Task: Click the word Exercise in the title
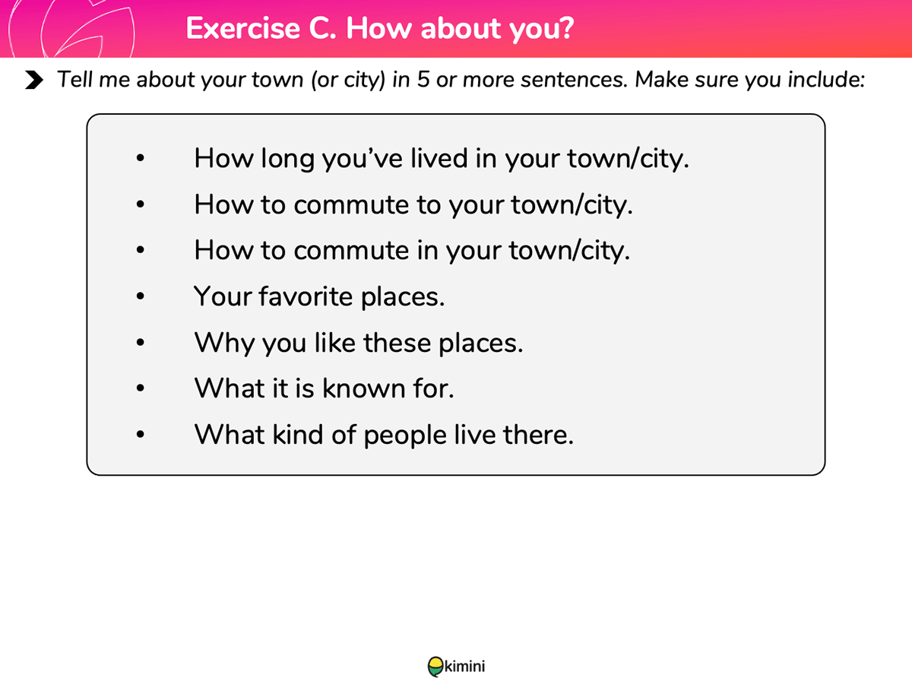(x=242, y=28)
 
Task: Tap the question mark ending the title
(x=566, y=28)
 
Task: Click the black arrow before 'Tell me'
(x=34, y=80)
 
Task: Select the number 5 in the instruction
(x=423, y=79)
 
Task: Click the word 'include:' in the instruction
(x=826, y=79)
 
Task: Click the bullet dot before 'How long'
(x=141, y=158)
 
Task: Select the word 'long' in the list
(x=287, y=160)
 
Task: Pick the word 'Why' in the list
(x=224, y=344)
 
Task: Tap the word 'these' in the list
(x=397, y=343)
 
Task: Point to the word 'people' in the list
(x=405, y=436)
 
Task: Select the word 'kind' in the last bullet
(x=298, y=435)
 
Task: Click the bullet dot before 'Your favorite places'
(x=141, y=296)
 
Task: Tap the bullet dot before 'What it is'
(x=141, y=388)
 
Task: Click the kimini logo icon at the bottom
(x=435, y=667)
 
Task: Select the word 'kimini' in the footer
(x=464, y=667)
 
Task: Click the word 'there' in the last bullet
(x=538, y=435)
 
